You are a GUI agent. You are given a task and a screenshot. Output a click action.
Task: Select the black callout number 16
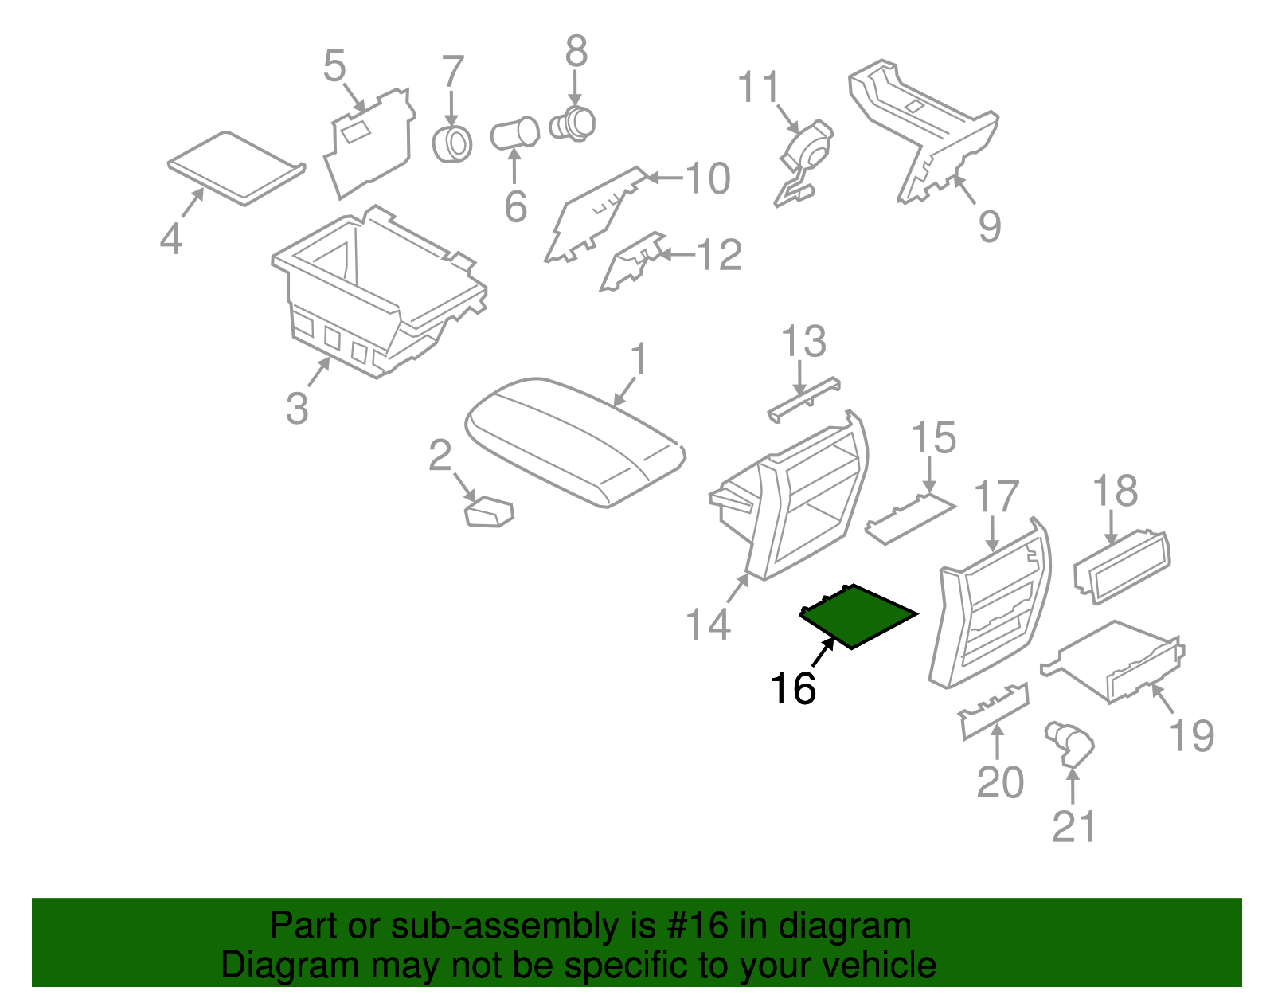pyautogui.click(x=793, y=688)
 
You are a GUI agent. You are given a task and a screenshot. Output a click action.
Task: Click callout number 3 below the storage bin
pyautogui.click(x=297, y=409)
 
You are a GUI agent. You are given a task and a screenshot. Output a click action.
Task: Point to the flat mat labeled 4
pyautogui.click(x=236, y=167)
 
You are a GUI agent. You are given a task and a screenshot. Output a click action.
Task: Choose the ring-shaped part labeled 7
pyautogui.click(x=452, y=143)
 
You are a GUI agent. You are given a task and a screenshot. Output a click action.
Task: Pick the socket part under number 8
pyautogui.click(x=573, y=123)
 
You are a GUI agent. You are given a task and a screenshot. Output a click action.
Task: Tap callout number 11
pyautogui.click(x=759, y=88)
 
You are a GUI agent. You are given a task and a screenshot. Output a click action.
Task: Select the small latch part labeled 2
pyautogui.click(x=489, y=511)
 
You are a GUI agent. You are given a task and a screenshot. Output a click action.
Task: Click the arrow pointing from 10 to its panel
pyautogui.click(x=662, y=178)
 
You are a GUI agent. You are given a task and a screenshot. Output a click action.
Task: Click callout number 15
pyautogui.click(x=933, y=439)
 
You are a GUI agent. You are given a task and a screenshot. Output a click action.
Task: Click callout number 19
pyautogui.click(x=1192, y=734)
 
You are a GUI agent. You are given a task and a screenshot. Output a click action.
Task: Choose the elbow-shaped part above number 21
pyautogui.click(x=1069, y=742)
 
